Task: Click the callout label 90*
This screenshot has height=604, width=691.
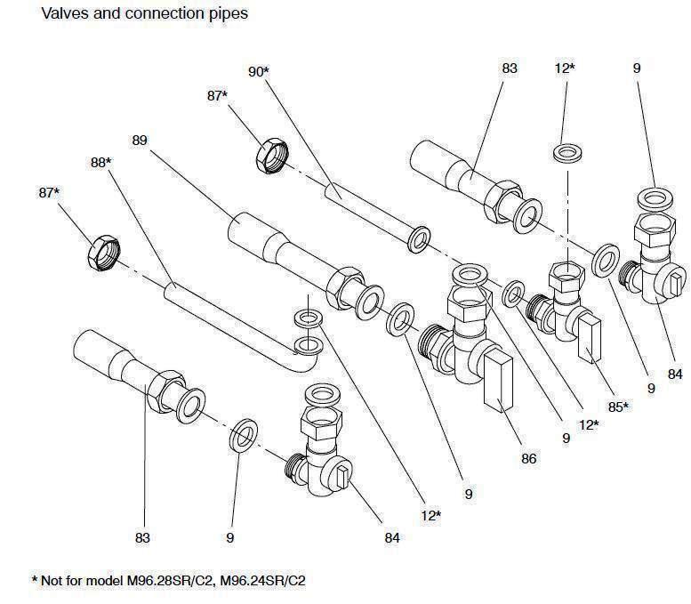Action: click(258, 71)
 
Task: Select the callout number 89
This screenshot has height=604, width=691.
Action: click(139, 140)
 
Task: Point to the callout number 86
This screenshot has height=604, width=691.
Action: click(530, 459)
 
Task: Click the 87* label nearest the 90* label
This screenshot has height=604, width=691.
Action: click(218, 95)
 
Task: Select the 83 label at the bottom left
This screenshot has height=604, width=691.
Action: click(142, 537)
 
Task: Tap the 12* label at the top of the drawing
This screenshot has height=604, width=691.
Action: click(565, 68)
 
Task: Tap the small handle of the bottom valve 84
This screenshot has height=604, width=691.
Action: click(344, 473)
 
